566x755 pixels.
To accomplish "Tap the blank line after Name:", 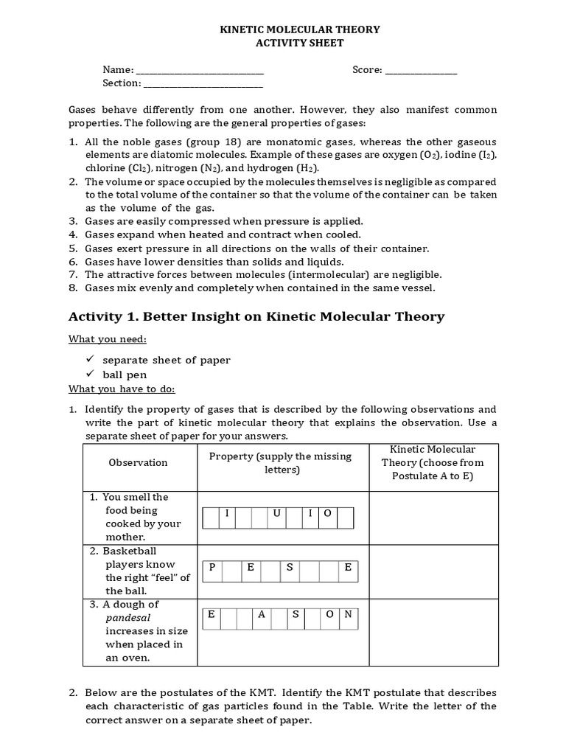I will pos(200,71).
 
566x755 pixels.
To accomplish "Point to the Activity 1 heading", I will pos(256,317).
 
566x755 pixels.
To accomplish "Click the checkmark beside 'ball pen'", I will pos(91,375).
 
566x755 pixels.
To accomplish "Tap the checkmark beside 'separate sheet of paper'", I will pos(91,360).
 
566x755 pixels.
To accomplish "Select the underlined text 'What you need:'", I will pos(108,339).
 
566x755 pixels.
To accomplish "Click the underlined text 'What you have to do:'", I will pos(122,389).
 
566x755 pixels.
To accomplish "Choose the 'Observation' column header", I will pos(138,463).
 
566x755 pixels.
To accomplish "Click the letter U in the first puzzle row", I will pos(277,513).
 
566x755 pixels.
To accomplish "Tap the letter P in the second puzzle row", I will pos(212,567).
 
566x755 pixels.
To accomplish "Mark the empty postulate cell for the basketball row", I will pos(433,571).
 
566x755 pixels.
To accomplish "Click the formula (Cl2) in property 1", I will pos(138,168).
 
